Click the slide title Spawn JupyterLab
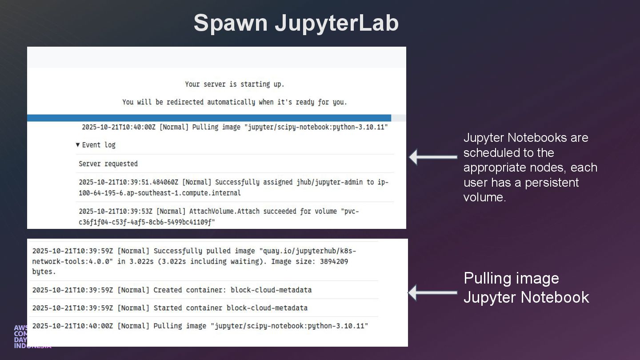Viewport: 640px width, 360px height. [x=296, y=23]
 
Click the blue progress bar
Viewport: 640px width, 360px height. [x=209, y=118]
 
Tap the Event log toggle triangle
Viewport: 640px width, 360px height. [x=78, y=145]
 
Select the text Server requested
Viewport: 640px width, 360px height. [x=108, y=164]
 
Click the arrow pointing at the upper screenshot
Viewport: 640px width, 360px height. [x=433, y=157]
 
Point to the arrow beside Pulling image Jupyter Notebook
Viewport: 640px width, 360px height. [x=433, y=292]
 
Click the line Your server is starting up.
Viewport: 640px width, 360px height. [x=234, y=84]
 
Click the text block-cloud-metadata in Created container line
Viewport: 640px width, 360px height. [x=271, y=290]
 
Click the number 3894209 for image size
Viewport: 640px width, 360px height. [x=334, y=261]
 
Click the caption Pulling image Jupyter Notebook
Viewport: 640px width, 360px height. [x=526, y=288]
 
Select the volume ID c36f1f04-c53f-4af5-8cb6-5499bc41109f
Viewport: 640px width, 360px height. [x=147, y=222]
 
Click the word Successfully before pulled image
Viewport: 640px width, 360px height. [x=178, y=251]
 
